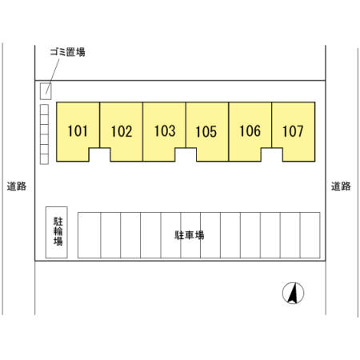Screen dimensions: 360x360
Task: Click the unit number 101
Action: (78, 131)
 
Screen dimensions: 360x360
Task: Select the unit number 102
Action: (122, 131)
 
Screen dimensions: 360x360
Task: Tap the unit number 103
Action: (165, 131)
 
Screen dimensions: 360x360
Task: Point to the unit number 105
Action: (206, 131)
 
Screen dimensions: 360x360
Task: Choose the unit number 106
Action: (250, 131)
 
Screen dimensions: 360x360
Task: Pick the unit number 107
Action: (293, 131)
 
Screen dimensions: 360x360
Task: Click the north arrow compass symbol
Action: (293, 293)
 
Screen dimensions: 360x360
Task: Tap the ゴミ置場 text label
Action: (68, 52)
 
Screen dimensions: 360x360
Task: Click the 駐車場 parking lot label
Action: (190, 235)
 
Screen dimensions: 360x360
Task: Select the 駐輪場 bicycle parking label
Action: (58, 231)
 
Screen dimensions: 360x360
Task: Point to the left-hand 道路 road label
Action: (17, 186)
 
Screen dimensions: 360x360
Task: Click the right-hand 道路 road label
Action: (341, 186)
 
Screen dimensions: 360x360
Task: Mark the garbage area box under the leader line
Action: (46, 91)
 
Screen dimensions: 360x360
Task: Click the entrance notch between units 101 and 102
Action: (100, 154)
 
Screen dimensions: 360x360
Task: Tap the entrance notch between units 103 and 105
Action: (186, 154)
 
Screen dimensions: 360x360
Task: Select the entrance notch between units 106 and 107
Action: (272, 154)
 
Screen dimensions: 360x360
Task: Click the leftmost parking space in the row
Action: (90, 235)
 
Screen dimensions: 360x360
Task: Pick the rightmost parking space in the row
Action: (310, 235)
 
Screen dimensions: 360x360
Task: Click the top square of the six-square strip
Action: (44, 110)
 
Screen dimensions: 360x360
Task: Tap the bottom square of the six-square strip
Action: (44, 159)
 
